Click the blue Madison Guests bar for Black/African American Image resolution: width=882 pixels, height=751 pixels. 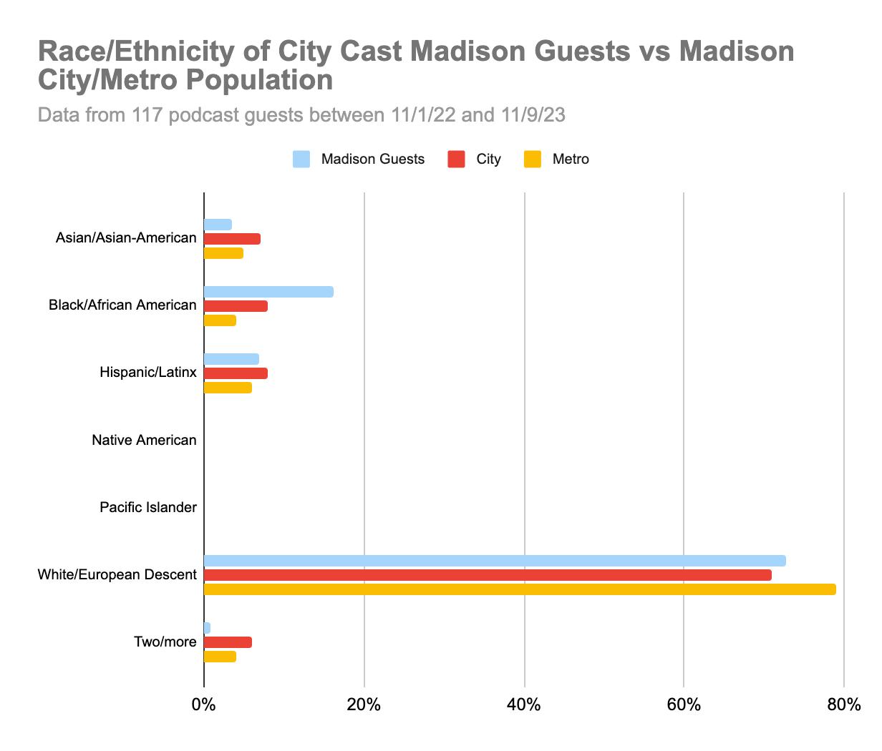[x=268, y=292]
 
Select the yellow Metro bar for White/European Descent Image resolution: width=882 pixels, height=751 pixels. [x=520, y=589]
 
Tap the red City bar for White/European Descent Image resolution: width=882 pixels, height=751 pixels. [x=488, y=575]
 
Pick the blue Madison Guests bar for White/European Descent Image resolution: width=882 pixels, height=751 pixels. [x=495, y=561]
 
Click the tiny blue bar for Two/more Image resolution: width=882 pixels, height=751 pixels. [x=207, y=628]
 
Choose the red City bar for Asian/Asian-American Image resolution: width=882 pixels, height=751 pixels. [x=232, y=239]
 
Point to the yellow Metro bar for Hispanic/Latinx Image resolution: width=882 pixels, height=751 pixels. [x=228, y=388]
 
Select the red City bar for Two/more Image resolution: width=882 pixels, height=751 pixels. [x=228, y=642]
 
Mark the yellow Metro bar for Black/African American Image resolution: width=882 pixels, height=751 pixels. [x=220, y=320]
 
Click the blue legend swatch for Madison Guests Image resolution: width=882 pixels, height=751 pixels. [x=301, y=159]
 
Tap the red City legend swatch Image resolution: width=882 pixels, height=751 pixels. [x=457, y=159]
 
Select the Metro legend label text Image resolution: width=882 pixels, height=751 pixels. [x=571, y=159]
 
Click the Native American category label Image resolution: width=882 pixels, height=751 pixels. [x=144, y=440]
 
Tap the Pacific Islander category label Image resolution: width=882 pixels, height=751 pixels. [x=147, y=507]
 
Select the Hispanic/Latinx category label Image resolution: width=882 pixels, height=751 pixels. [x=147, y=373]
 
